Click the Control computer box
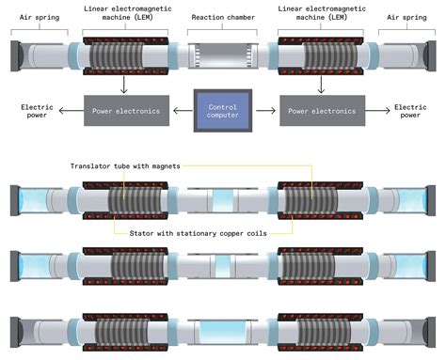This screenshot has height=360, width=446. tap(222, 110)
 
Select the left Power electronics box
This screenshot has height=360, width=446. tap(126, 111)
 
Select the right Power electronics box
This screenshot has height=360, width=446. tap(320, 111)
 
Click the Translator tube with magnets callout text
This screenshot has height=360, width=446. tap(123, 165)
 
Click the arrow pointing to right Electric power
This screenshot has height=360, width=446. tap(375, 111)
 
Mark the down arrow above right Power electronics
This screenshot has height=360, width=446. tap(320, 86)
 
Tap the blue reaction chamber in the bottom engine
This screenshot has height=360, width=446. tap(223, 332)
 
